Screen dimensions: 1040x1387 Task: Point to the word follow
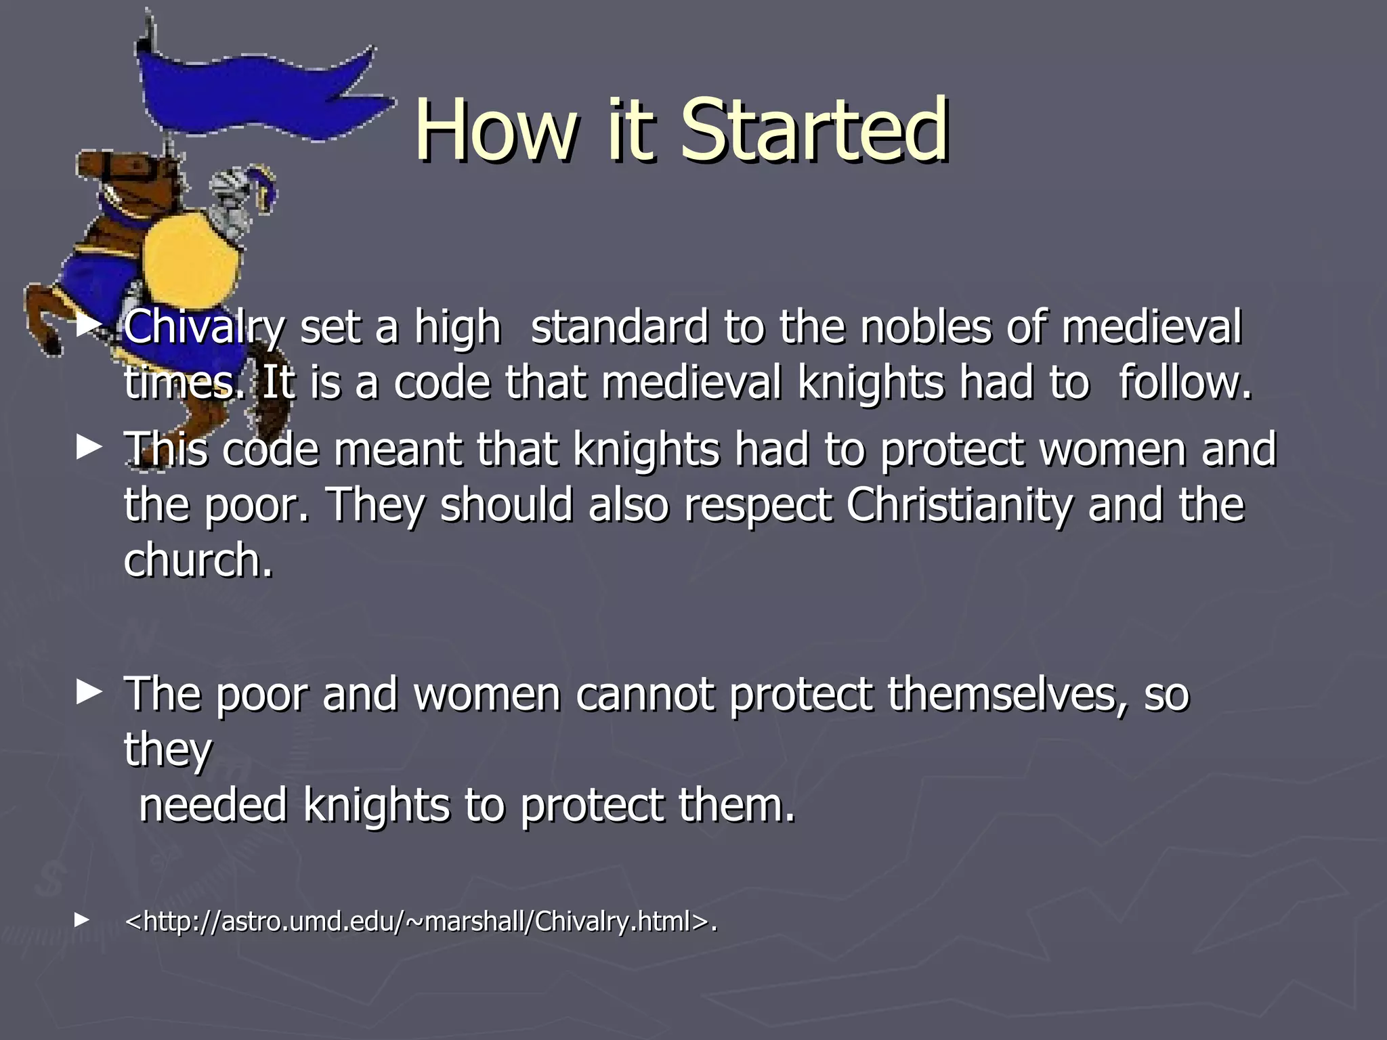[x=1185, y=383]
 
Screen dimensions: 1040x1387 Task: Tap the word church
[x=198, y=561]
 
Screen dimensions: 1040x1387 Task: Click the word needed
[x=213, y=805]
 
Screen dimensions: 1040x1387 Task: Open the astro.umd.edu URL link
[x=421, y=922]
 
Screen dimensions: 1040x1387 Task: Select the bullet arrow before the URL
[x=82, y=919]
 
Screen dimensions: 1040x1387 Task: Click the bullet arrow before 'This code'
[x=89, y=448]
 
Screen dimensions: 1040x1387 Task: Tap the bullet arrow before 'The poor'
[x=89, y=692]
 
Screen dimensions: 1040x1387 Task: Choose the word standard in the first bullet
[x=619, y=327]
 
